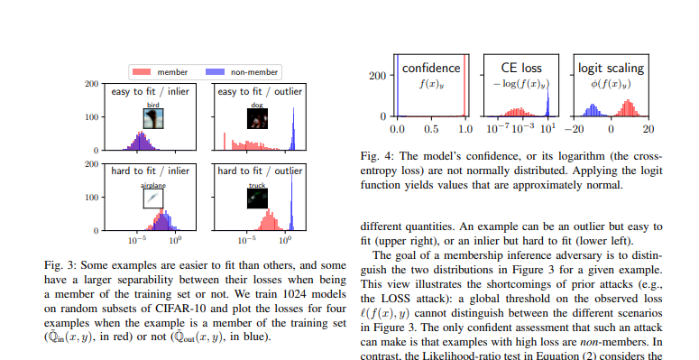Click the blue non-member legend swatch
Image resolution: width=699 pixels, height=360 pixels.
pos(216,71)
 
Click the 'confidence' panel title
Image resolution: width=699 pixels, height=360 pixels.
pos(430,68)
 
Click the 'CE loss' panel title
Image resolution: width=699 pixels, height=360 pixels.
pos(520,68)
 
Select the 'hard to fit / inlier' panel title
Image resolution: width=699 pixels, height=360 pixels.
pos(151,171)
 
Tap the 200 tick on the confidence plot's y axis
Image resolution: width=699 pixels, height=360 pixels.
pos(380,77)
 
